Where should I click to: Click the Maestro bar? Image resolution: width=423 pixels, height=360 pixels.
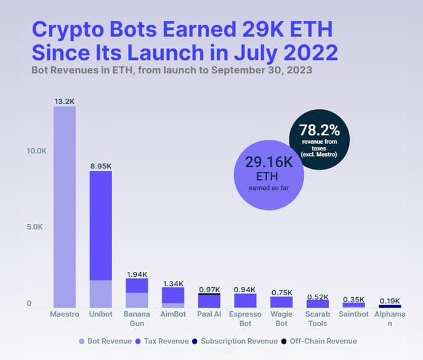65,207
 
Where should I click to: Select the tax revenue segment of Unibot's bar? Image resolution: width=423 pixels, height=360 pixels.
100,225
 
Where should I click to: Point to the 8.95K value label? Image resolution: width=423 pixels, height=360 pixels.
100,165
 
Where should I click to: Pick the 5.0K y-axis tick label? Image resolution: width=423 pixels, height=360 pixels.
36,227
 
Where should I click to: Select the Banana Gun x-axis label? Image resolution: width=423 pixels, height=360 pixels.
137,319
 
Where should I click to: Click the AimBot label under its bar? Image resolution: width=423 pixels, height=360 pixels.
173,314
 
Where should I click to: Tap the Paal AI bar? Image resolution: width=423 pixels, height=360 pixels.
209,301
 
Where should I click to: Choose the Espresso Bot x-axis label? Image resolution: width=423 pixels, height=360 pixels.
246,319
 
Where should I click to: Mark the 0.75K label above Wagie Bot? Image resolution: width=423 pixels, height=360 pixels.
282,291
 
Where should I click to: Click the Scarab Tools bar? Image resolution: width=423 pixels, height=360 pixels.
318,304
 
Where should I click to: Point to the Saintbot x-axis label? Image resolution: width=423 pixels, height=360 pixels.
354,314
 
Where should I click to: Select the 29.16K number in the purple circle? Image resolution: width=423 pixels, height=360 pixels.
268,162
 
